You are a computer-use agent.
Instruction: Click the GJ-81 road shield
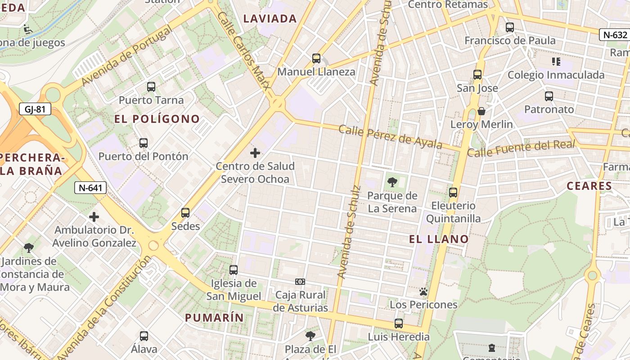tap(35, 109)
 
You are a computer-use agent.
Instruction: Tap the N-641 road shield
tap(90, 188)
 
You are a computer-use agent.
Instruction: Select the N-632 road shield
tap(615, 35)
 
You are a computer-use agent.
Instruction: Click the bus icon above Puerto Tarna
tap(151, 87)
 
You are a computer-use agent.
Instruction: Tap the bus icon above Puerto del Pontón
tap(144, 143)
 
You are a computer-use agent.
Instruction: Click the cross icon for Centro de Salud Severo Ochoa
tap(255, 153)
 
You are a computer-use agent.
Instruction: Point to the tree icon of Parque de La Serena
tap(392, 182)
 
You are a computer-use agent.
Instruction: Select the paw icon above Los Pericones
tap(423, 292)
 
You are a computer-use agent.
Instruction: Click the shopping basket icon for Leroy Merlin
tap(481, 111)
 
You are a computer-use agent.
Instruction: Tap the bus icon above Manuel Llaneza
tap(316, 58)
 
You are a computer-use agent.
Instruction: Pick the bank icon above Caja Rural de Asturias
tap(300, 282)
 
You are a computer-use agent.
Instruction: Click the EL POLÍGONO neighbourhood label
tap(157, 119)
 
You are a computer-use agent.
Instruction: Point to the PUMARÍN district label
tap(214, 318)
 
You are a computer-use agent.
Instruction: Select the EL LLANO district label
tap(439, 239)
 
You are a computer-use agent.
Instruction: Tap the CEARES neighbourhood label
tap(589, 186)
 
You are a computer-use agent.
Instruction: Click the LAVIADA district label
tap(270, 19)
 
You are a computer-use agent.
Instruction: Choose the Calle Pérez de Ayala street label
tap(390, 136)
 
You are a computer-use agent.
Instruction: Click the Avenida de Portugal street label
tap(127, 56)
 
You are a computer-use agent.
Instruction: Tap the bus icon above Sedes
tap(185, 213)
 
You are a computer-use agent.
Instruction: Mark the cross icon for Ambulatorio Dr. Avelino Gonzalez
tap(94, 217)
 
